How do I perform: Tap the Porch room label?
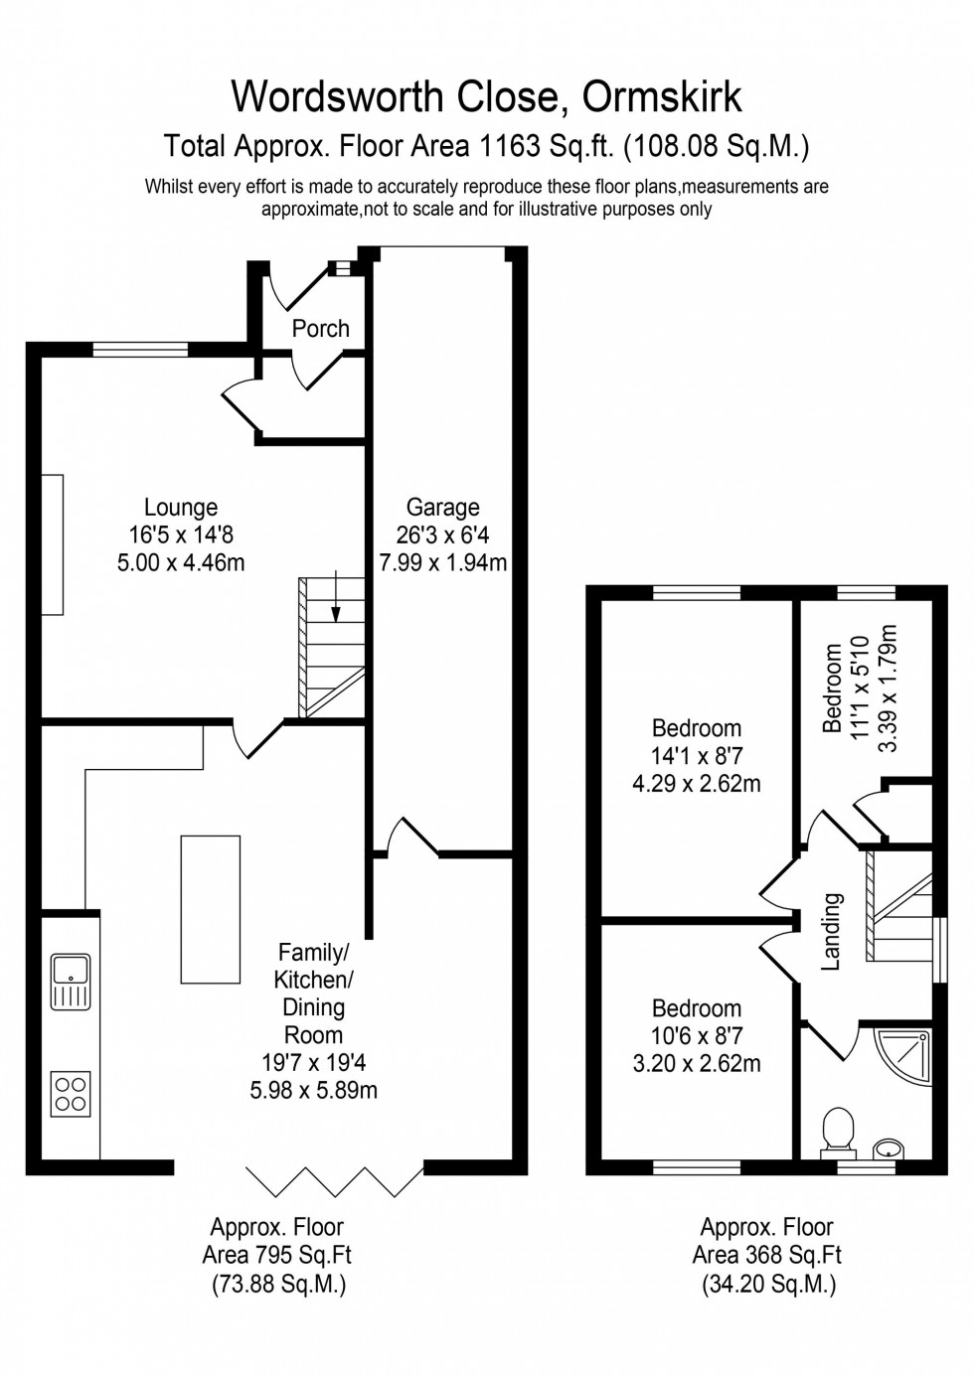(x=320, y=328)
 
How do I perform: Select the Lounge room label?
(x=180, y=509)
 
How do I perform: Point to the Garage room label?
(x=442, y=508)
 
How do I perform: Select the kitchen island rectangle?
(x=210, y=909)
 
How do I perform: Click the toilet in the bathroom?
(x=839, y=1131)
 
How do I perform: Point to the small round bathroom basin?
(x=891, y=1149)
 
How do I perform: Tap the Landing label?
(x=832, y=931)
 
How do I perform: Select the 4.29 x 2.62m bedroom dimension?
(x=696, y=783)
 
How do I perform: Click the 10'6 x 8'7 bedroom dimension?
(x=696, y=1036)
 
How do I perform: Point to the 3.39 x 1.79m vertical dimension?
(x=889, y=688)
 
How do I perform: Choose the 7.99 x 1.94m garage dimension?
(x=442, y=562)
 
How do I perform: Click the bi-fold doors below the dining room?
(x=333, y=1180)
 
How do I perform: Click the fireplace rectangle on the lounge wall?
(x=53, y=545)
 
